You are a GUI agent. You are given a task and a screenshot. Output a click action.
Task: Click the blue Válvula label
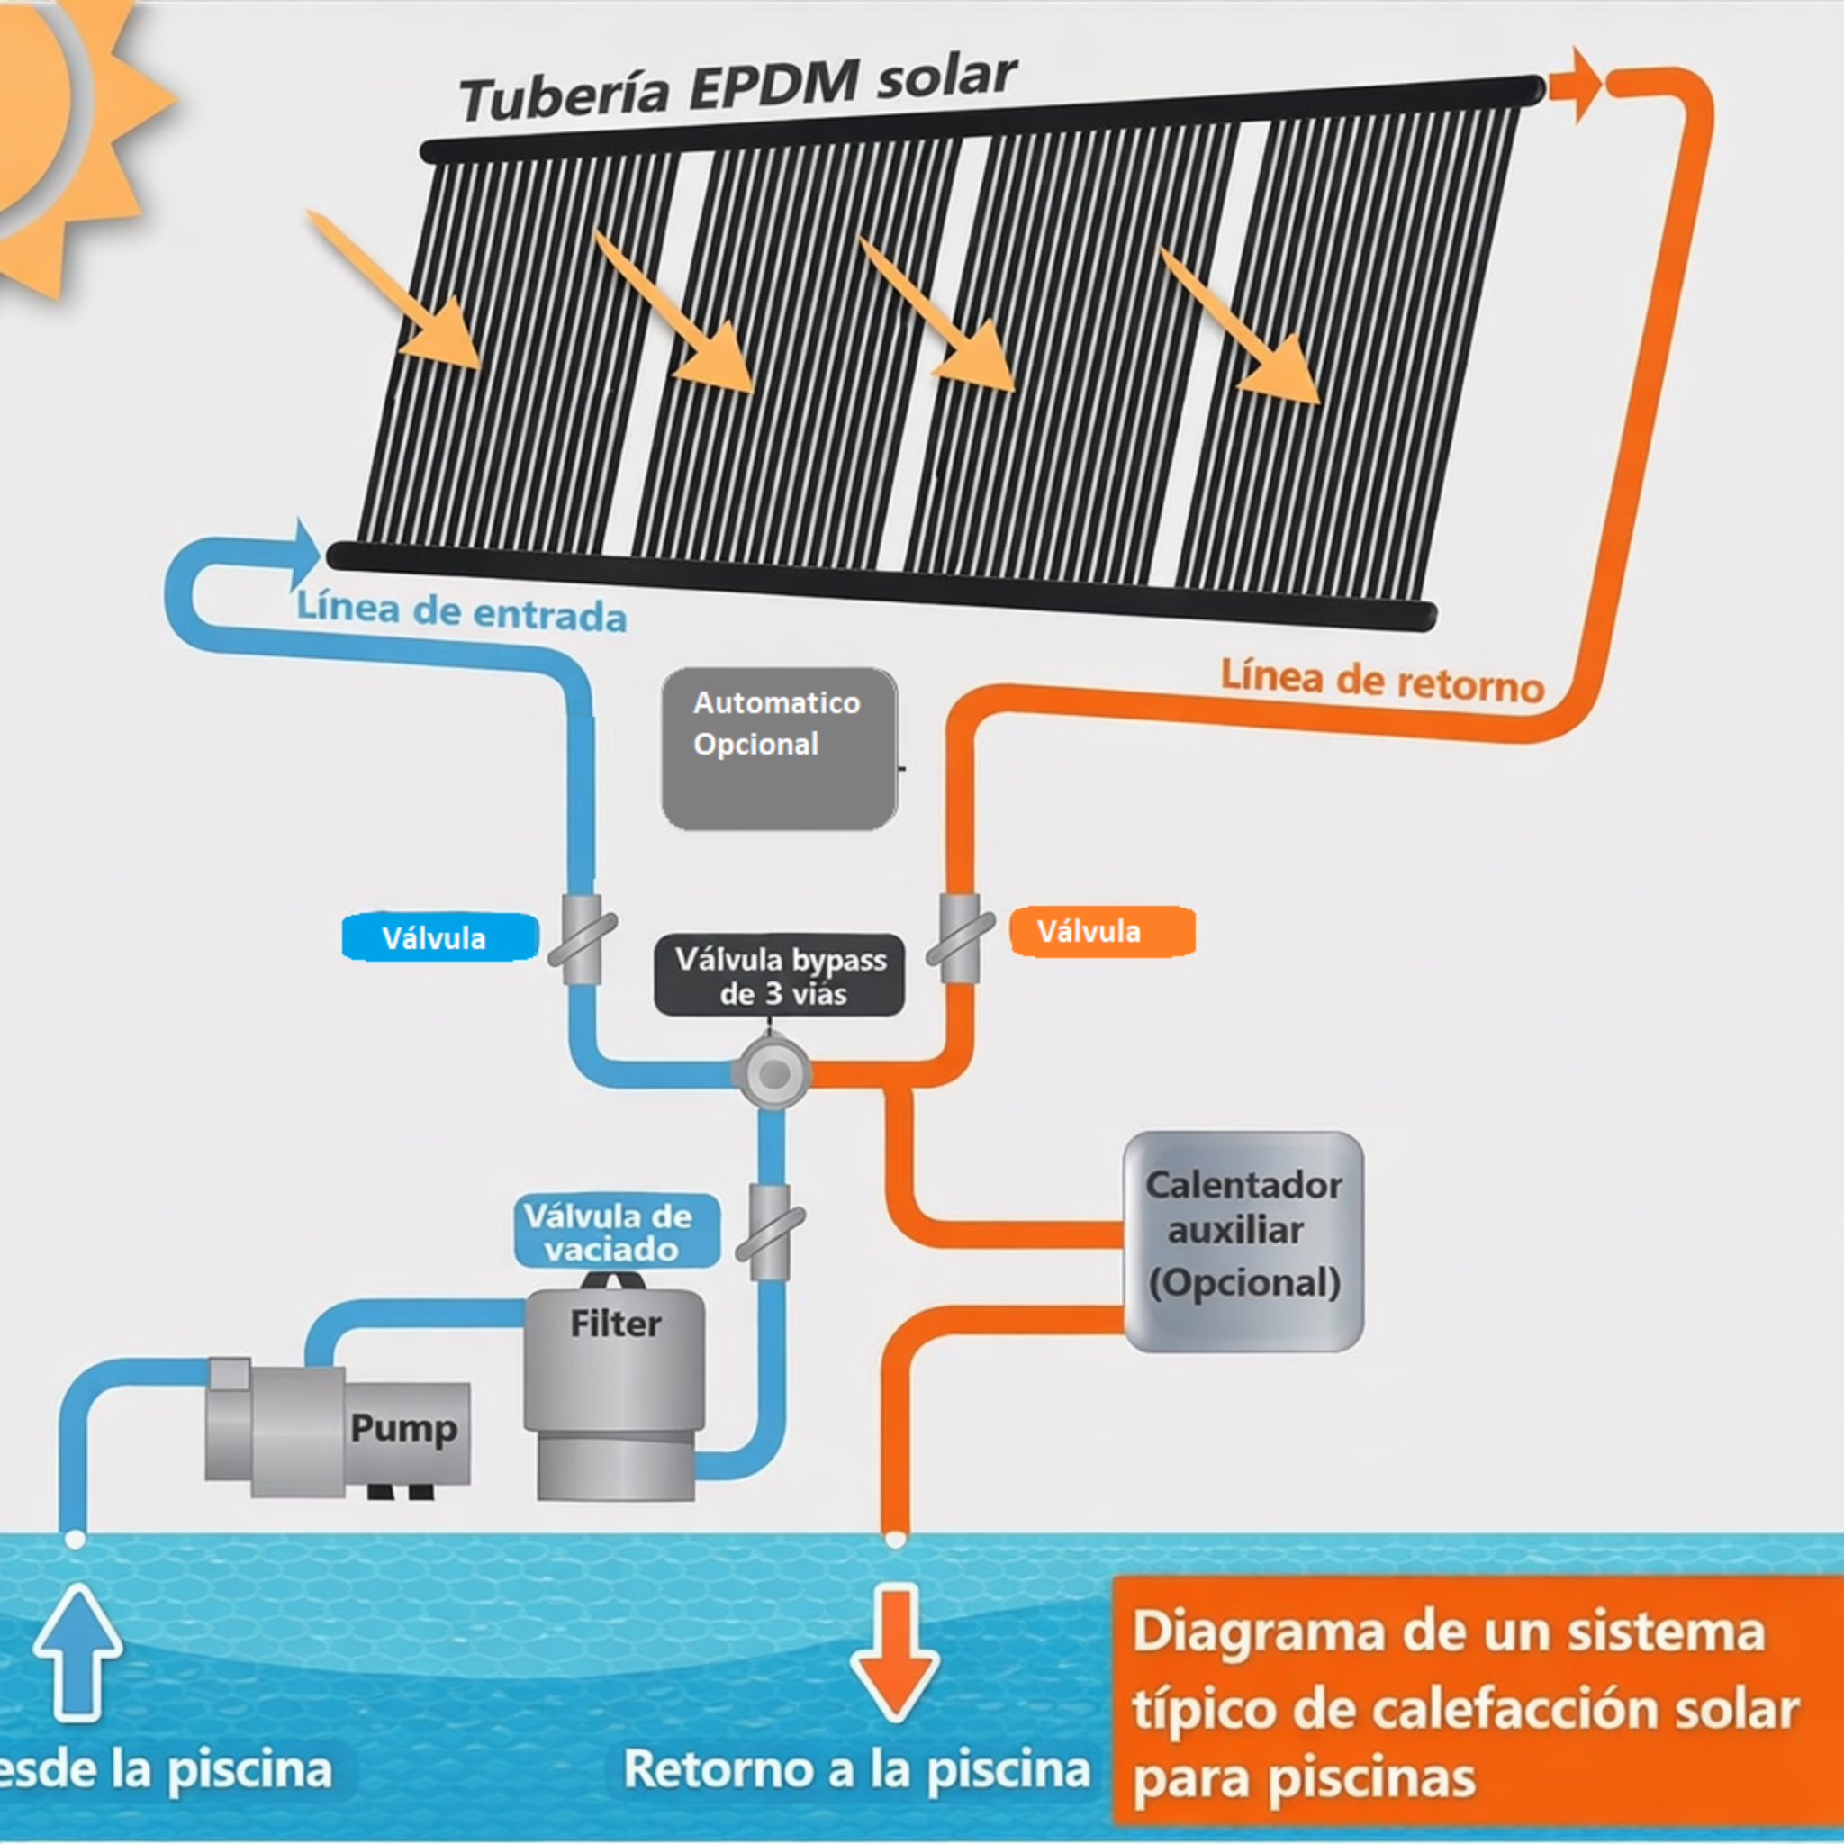[x=439, y=937]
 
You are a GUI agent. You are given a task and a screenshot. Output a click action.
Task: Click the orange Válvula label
[x=1101, y=931]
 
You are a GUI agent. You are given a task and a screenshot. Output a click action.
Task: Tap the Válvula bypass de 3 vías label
[x=779, y=975]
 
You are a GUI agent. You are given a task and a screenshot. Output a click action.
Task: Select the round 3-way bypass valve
[x=773, y=1074]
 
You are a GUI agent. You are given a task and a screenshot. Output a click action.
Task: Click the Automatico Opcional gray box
[x=779, y=749]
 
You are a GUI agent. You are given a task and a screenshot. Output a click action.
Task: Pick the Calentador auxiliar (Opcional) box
[x=1243, y=1241]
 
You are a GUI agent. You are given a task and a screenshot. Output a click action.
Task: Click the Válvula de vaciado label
[x=616, y=1231]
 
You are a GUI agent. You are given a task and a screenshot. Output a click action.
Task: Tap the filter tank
[x=616, y=1394]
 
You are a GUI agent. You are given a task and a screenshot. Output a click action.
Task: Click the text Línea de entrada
[x=462, y=611]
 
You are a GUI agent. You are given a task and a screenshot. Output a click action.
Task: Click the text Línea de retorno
[x=1382, y=682]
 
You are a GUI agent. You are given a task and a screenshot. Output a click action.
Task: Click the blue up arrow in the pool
[x=77, y=1652]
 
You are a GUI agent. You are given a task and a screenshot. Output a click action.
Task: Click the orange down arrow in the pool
[x=894, y=1652]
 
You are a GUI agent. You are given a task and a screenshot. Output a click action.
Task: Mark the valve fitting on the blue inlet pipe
[x=582, y=939]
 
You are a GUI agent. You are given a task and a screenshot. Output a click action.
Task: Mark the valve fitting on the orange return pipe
[x=960, y=937]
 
